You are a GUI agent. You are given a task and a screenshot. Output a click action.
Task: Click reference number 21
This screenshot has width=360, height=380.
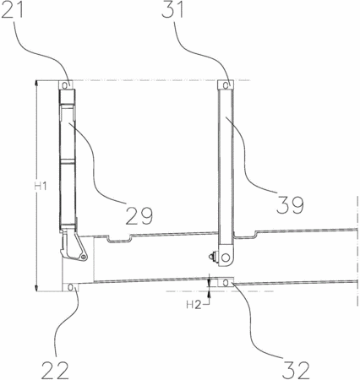point(12,9)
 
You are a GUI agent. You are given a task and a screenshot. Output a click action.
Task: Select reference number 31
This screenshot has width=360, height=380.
point(172,9)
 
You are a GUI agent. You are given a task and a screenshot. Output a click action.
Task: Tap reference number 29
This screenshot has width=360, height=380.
point(139,215)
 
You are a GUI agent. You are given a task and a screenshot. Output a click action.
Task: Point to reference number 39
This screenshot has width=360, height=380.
point(290,204)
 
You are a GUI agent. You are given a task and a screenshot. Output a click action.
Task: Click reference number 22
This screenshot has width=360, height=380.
point(55,370)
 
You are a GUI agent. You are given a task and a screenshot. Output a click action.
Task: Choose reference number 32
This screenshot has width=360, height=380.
point(296,370)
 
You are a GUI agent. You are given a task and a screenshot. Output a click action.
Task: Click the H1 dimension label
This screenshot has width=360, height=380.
point(41,186)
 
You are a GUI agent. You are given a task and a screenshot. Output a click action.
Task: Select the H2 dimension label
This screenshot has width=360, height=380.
point(194,305)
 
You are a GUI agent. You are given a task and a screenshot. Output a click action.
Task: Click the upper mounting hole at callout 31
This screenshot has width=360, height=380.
point(226,85)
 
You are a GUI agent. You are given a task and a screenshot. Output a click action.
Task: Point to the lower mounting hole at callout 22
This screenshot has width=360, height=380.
point(70,287)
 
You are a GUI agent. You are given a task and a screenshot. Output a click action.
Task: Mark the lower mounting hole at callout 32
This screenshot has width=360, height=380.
point(226,283)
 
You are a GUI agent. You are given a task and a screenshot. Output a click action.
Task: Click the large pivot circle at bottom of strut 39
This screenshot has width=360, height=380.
point(226,257)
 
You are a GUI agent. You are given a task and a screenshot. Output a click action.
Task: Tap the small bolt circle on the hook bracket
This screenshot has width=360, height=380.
point(83,257)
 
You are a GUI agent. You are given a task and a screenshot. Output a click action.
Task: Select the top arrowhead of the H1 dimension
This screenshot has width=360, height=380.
point(36,84)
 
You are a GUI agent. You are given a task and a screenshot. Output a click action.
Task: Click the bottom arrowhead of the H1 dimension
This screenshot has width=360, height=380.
point(36,288)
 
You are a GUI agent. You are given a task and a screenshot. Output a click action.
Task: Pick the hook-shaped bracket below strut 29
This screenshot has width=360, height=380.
point(74,244)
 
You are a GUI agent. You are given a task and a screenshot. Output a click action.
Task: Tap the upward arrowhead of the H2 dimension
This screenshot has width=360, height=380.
point(209,295)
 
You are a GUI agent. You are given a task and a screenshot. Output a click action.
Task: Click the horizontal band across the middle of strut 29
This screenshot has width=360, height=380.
point(68,161)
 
